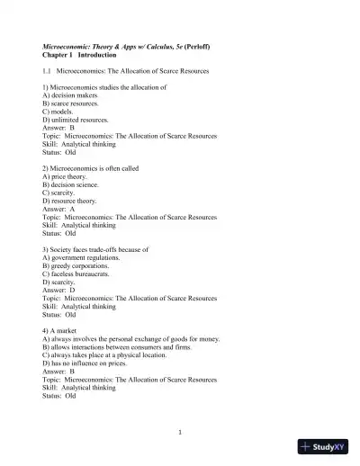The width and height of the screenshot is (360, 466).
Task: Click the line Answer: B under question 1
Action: click(x=58, y=128)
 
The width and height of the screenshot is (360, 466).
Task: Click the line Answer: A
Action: click(x=58, y=209)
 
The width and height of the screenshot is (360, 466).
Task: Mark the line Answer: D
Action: click(x=58, y=291)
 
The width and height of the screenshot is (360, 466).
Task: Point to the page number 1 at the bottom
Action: click(x=180, y=431)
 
